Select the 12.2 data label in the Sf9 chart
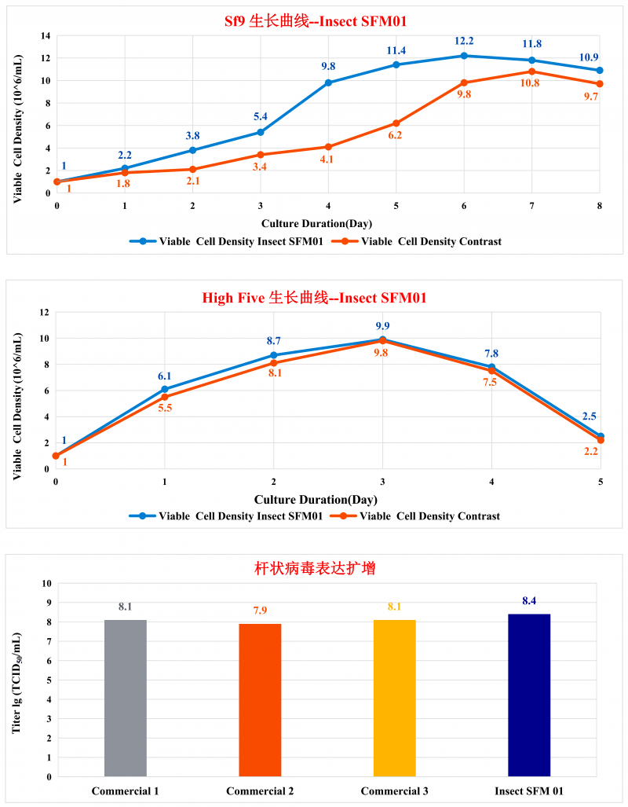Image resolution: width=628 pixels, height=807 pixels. (464, 41)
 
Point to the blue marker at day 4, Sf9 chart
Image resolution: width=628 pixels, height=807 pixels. (328, 83)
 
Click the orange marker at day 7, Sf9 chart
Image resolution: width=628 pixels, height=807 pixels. (532, 72)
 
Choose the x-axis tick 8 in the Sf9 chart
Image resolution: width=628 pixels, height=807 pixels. (600, 204)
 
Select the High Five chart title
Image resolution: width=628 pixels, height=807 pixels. (314, 298)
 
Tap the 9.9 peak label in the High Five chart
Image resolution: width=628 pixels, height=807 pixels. (382, 326)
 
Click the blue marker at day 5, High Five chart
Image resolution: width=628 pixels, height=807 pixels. (601, 436)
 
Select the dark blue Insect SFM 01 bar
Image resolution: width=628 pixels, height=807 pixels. (529, 695)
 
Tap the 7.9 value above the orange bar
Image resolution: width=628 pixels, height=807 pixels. (260, 611)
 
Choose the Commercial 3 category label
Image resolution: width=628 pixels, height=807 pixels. (394, 790)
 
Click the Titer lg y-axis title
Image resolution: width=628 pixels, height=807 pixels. (17, 680)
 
